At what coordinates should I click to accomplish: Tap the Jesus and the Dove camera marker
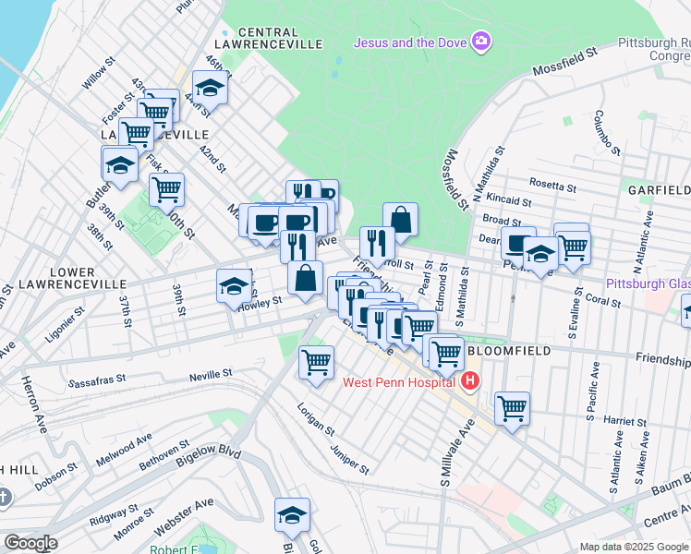click(480, 42)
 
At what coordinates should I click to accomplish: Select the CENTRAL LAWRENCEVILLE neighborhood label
click(268, 37)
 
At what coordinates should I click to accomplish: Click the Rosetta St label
click(554, 185)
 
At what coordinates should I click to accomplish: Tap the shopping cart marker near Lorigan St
click(316, 361)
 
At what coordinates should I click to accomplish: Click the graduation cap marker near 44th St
click(211, 89)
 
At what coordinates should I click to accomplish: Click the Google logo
click(31, 543)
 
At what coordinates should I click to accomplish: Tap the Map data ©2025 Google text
click(634, 547)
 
